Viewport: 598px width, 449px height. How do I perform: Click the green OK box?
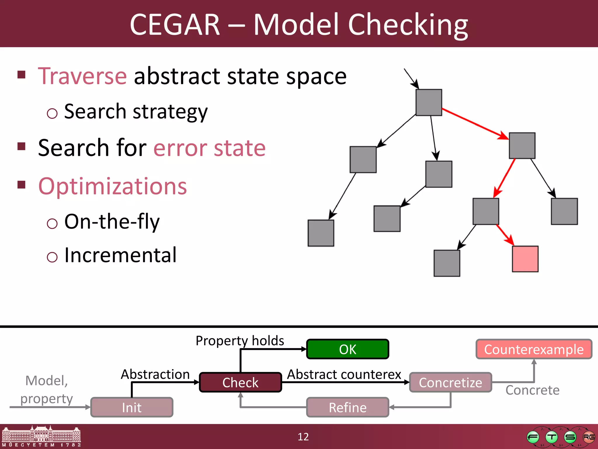[347, 349]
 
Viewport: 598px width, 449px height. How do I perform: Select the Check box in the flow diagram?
[240, 382]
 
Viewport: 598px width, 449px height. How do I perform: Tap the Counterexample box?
[534, 349]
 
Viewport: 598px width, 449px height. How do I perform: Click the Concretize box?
[451, 382]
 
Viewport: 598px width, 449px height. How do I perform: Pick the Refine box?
[347, 407]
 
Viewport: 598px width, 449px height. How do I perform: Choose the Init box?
[132, 407]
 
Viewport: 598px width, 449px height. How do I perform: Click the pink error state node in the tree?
[525, 259]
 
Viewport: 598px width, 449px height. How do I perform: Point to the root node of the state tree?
[429, 102]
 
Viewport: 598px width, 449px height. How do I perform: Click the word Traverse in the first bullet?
[82, 76]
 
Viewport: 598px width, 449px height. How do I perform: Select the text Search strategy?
[136, 112]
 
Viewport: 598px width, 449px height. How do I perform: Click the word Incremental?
[120, 255]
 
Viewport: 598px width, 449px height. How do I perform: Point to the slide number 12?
[303, 437]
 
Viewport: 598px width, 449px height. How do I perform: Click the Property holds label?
[240, 341]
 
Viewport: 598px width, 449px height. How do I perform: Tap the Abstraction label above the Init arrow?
[155, 374]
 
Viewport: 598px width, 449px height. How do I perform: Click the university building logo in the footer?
[41, 436]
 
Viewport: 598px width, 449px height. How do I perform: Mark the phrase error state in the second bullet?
[209, 148]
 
